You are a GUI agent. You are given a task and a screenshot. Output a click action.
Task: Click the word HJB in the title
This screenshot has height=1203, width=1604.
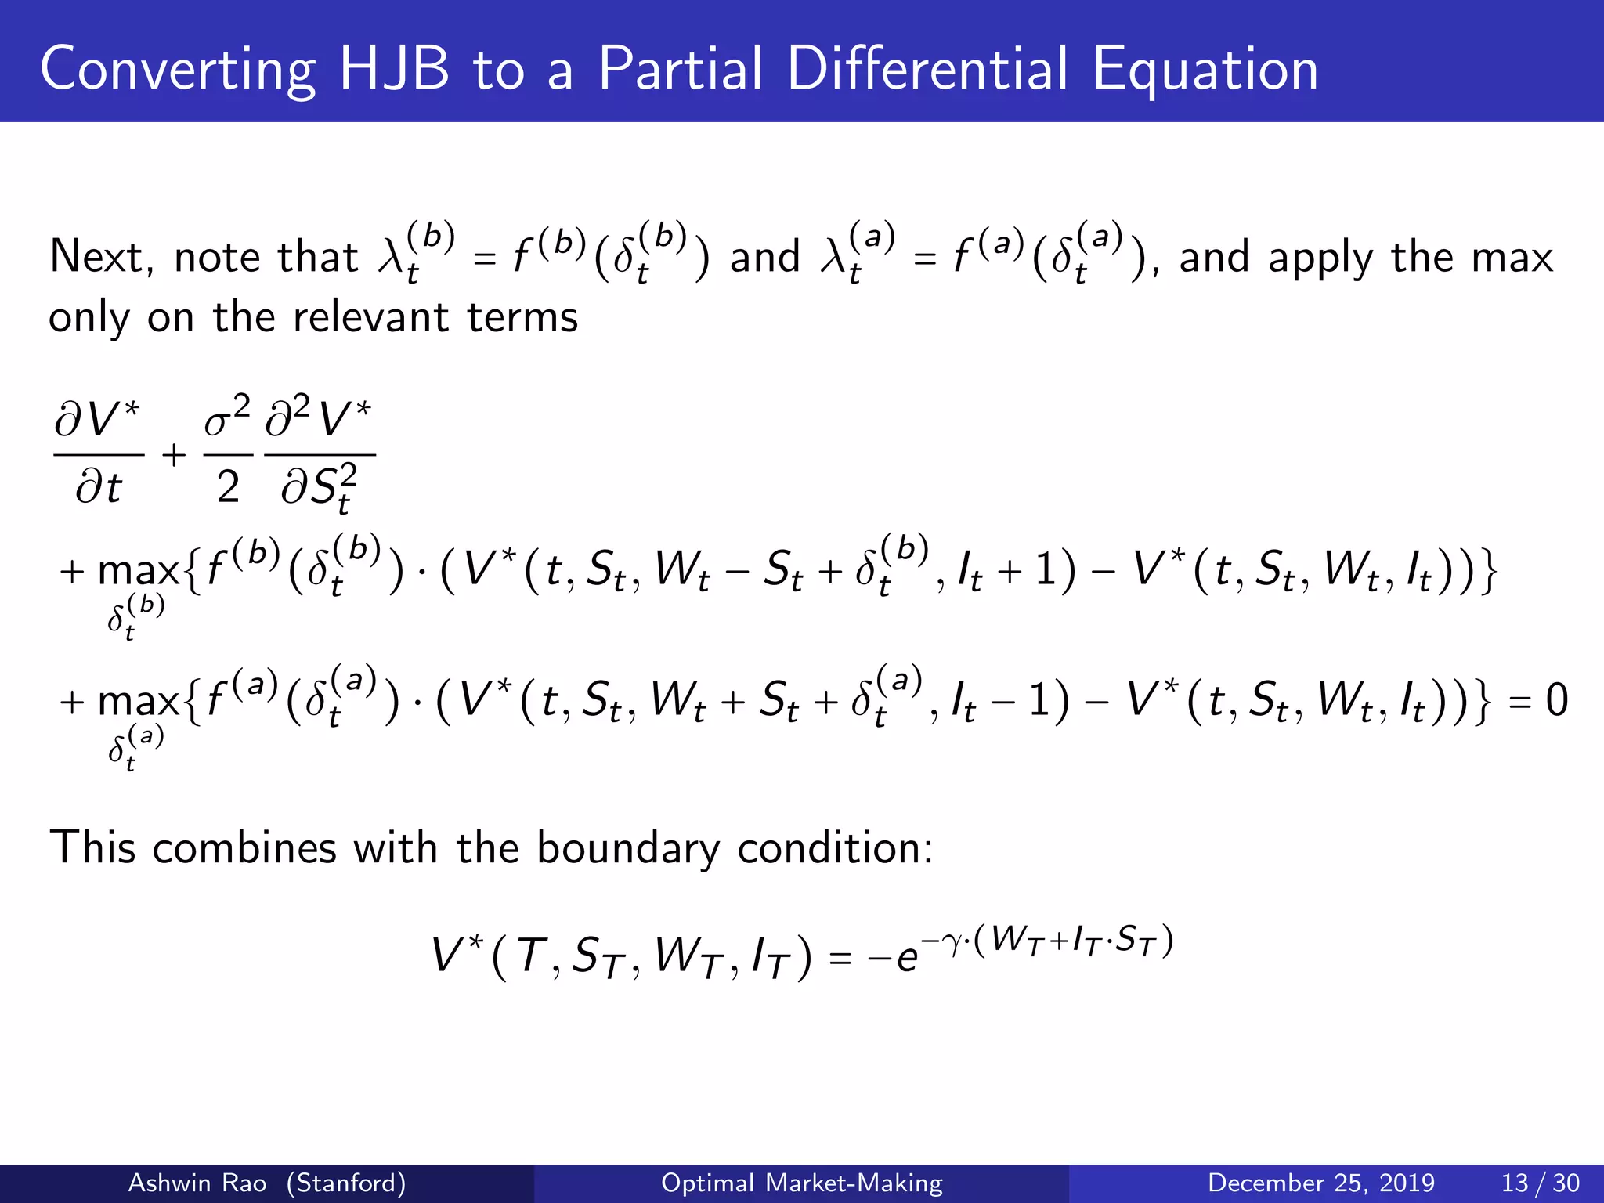tap(394, 69)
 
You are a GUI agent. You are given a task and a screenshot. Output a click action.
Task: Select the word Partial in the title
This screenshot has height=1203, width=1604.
tap(680, 69)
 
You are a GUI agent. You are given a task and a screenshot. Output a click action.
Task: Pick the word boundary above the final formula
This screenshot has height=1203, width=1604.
tap(627, 848)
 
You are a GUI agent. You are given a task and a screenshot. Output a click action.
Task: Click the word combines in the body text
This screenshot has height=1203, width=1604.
tap(245, 848)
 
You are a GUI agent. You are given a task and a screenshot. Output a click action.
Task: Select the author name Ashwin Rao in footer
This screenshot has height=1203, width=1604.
tap(197, 1183)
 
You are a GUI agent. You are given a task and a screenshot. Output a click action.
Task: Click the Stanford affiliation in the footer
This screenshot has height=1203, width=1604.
tap(345, 1183)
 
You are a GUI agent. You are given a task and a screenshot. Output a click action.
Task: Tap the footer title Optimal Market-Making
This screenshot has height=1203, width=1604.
tap(802, 1183)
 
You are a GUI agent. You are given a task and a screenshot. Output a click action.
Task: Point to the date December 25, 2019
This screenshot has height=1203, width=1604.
tap(1321, 1183)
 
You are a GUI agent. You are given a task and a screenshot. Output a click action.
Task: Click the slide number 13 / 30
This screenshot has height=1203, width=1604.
tap(1540, 1183)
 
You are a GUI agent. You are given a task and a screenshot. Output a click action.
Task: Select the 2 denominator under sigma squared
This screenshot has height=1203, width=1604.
tap(228, 487)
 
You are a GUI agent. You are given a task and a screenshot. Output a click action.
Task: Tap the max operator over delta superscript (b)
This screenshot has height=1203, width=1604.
tap(138, 571)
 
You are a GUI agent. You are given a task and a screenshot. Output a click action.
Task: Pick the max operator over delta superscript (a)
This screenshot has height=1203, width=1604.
tap(138, 701)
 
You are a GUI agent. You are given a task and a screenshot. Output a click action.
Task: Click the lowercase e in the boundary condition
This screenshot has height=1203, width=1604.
tap(907, 959)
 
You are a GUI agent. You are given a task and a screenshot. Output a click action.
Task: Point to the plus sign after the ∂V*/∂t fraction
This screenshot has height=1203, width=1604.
tap(174, 454)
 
